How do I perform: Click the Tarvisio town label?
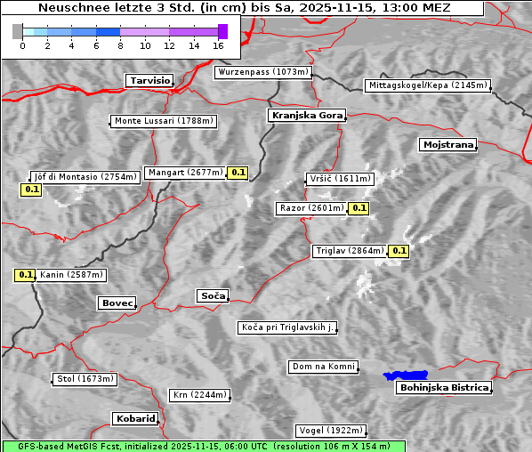[x=149, y=80]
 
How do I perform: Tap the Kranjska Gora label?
[x=305, y=116]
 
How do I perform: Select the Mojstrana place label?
[x=448, y=144]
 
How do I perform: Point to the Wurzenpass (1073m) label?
[x=263, y=72]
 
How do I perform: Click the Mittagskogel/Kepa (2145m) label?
[x=427, y=85]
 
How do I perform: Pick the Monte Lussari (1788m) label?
[x=164, y=121]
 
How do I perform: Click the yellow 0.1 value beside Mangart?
[x=237, y=173]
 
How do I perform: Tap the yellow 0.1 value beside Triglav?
[x=399, y=251]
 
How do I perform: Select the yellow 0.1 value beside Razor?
[x=359, y=208]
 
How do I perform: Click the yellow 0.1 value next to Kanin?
[x=25, y=275]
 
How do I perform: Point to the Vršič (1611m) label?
[x=338, y=179]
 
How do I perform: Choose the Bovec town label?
[x=117, y=303]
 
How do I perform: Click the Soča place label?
[x=213, y=295]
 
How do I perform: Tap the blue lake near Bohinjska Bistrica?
[x=405, y=375]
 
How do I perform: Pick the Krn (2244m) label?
[x=199, y=395]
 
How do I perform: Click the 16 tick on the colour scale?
[x=218, y=44]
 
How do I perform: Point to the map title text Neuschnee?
[x=71, y=8]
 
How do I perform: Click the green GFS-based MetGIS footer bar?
[x=203, y=446]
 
